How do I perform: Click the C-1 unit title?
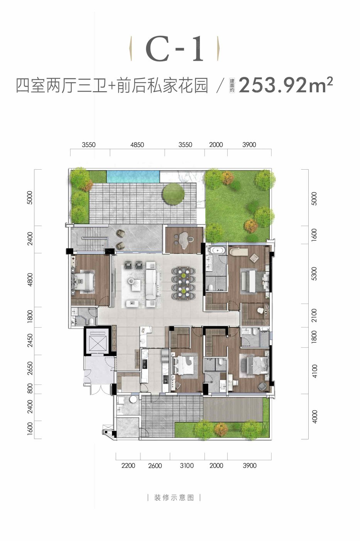pyautogui.click(x=174, y=49)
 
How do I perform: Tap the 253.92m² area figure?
pyautogui.click(x=286, y=85)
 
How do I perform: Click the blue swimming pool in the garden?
pyautogui.click(x=133, y=176)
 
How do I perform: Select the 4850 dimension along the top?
pyautogui.click(x=137, y=145)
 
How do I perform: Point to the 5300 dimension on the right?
pyautogui.click(x=314, y=274)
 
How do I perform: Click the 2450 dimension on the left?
pyautogui.click(x=30, y=340)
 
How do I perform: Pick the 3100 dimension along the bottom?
pyautogui.click(x=187, y=465)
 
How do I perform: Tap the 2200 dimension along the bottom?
pyautogui.click(x=128, y=465)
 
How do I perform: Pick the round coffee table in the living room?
pyautogui.click(x=132, y=281)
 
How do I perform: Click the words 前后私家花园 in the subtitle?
pyautogui.click(x=162, y=85)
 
